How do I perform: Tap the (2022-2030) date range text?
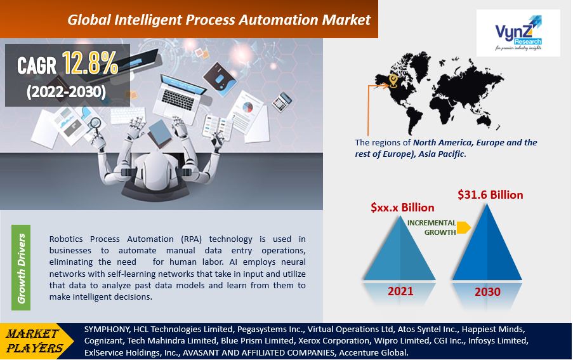coord(66,92)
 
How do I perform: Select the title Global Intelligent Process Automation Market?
coord(218,20)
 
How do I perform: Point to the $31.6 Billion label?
coord(490,195)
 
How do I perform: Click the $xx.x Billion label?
coord(402,208)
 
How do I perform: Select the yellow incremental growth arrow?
coord(463,227)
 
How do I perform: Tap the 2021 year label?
coord(401,291)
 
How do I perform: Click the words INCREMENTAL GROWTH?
coord(431,228)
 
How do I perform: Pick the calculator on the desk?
coord(281,101)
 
